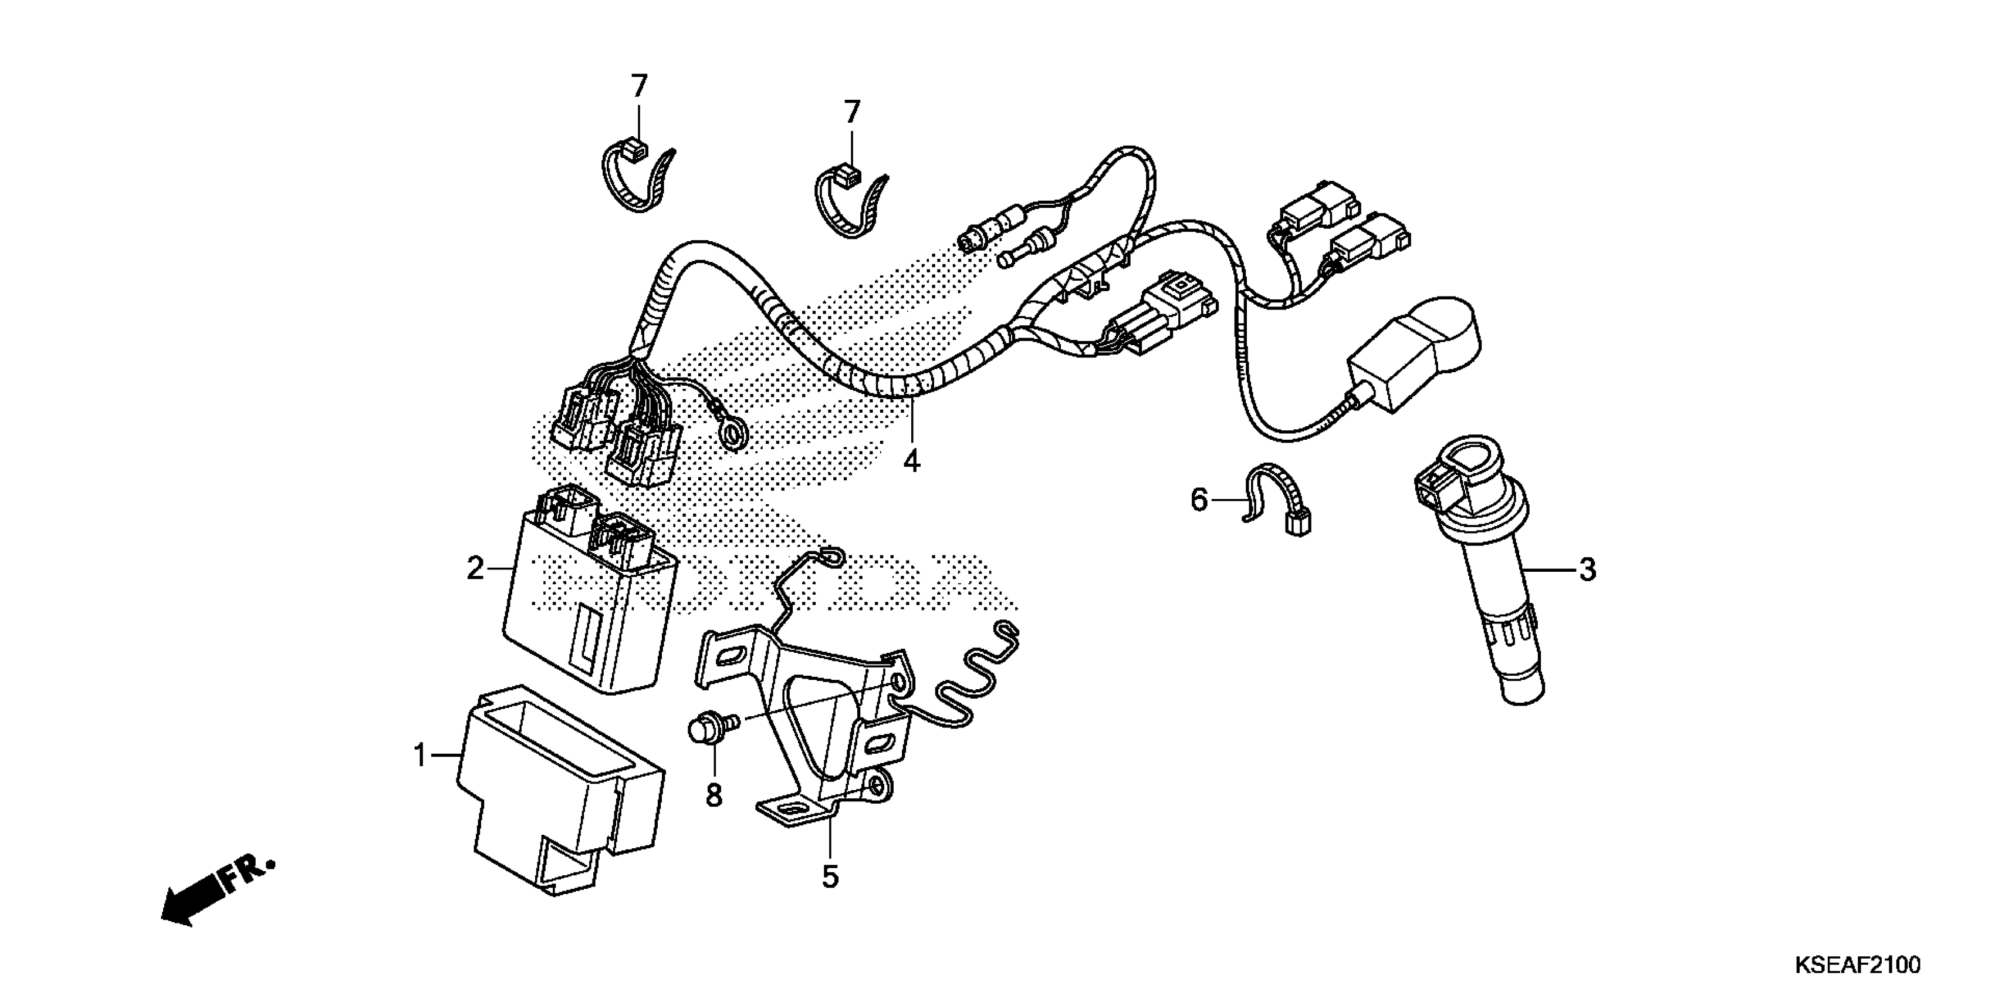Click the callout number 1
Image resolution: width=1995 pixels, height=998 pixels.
(x=421, y=755)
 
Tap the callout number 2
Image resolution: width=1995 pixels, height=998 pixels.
(x=475, y=569)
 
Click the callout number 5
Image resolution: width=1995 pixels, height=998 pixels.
(x=830, y=877)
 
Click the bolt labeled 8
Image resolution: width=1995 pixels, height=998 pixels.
(x=703, y=729)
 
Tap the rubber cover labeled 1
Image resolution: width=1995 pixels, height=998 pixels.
(x=557, y=798)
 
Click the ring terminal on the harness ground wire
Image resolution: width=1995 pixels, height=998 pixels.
(x=736, y=429)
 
